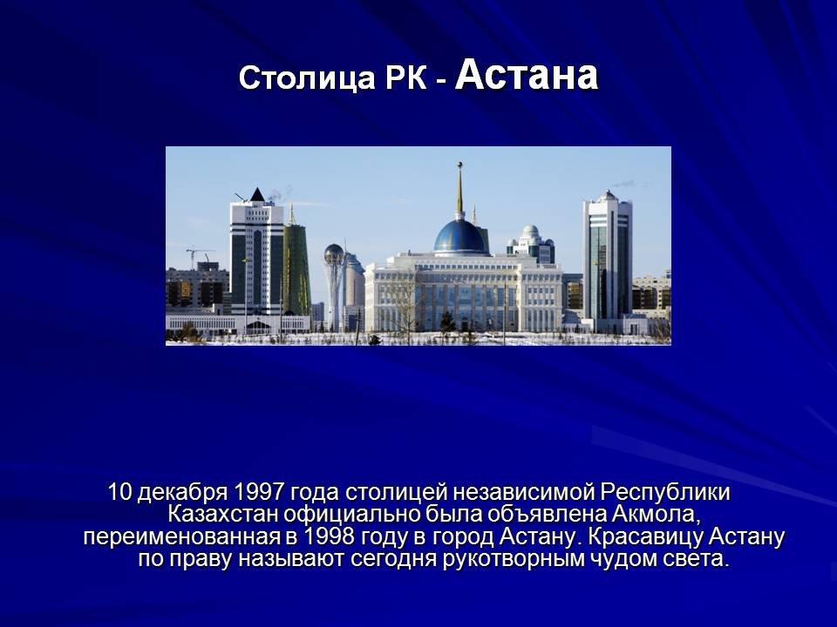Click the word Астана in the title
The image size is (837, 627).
pos(527,74)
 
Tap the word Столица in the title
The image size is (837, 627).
pos(307,78)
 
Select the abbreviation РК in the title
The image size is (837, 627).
pos(405,78)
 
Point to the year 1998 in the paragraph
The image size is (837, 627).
pos(329,536)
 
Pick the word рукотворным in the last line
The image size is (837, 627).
pos(508,559)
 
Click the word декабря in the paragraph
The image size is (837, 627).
pos(183,492)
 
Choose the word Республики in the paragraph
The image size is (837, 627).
pos(664,492)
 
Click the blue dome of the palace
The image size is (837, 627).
pos(459,236)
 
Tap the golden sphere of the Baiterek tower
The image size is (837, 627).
pos(334,253)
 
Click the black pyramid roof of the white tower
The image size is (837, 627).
pos(257,194)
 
